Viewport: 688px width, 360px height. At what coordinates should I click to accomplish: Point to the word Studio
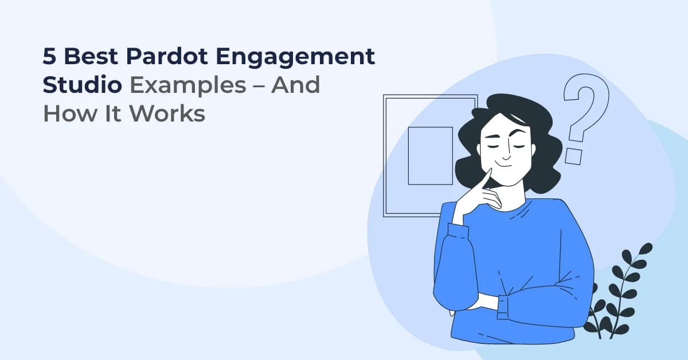(x=82, y=85)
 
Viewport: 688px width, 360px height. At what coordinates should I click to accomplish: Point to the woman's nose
(x=505, y=154)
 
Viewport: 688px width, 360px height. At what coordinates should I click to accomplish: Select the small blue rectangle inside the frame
(x=430, y=155)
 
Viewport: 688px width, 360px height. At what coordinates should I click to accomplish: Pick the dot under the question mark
(x=573, y=156)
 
